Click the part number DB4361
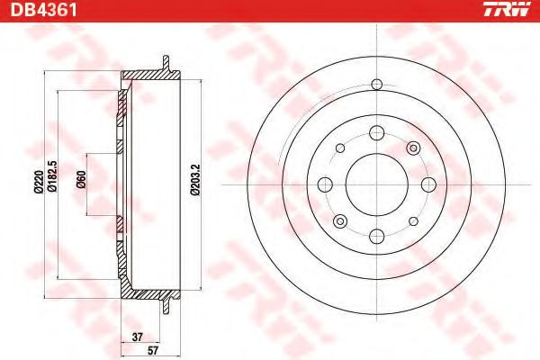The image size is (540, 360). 43,9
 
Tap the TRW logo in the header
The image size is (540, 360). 506,9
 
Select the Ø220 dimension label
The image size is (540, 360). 38,182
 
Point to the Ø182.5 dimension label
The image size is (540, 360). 52,175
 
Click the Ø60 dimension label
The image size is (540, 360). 81,179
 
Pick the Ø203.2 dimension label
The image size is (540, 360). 194,179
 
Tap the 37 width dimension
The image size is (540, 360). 137,337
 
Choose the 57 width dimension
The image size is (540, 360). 153,350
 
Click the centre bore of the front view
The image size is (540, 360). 377,184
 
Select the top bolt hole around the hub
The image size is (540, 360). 377,132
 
